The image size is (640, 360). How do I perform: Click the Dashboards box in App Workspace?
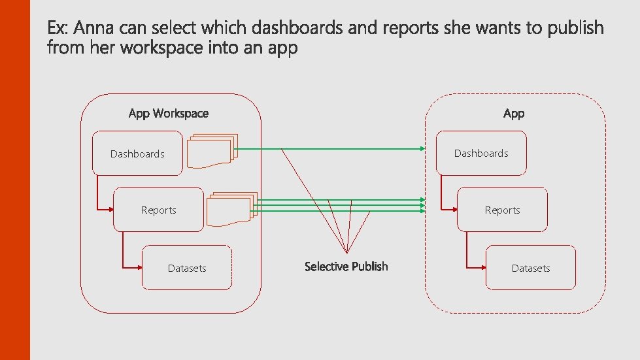137,154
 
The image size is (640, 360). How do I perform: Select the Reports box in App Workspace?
158,210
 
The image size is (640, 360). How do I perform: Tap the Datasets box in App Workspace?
187,268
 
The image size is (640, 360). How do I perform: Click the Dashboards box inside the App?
481,153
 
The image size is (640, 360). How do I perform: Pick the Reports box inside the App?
502,210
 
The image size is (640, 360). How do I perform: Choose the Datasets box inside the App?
531,268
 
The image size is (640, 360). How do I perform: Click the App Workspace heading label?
169,114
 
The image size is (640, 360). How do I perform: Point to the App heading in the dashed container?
514,114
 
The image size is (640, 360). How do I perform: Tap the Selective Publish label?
346,267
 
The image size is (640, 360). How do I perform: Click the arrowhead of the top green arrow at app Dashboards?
423,149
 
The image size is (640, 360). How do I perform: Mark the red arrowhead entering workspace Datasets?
139,268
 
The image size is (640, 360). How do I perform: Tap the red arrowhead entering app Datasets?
482,268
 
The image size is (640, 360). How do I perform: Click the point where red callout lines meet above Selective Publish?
346,254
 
